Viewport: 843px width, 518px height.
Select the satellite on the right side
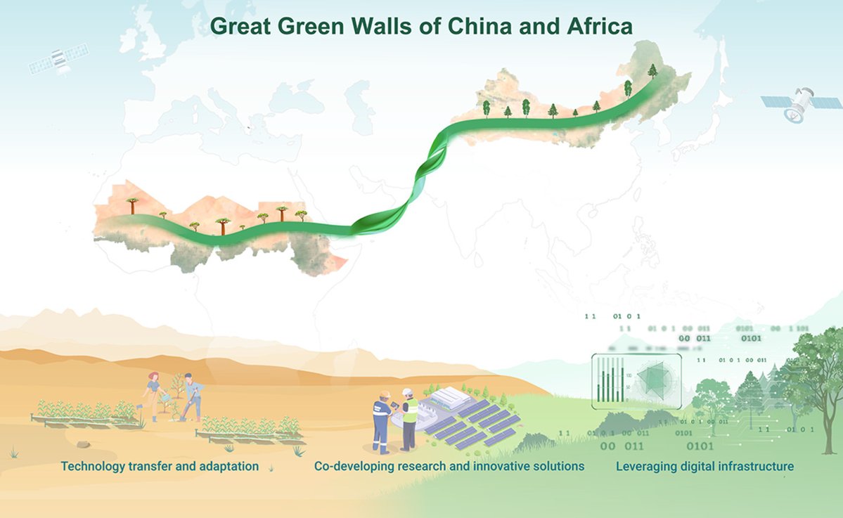pos(801,103)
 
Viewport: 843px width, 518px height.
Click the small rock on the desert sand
pos(83,444)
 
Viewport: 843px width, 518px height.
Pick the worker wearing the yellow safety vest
pos(408,419)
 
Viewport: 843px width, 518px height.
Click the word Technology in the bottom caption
pos(94,466)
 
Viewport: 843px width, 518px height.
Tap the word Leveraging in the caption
pos(645,466)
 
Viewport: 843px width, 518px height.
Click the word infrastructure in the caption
pos(757,466)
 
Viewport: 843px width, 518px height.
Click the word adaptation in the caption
pos(229,466)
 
